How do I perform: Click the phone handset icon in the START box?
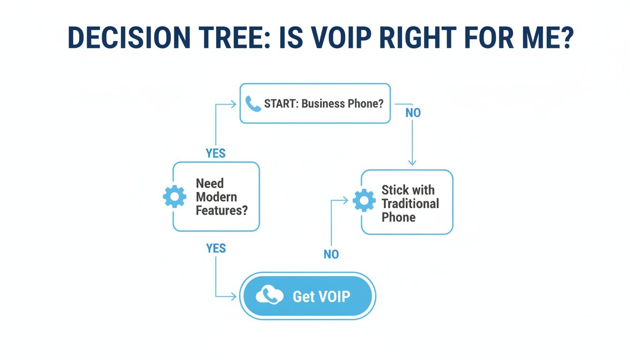253,104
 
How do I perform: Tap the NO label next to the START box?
413,113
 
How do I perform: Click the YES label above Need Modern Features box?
216,153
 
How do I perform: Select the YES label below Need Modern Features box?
216,248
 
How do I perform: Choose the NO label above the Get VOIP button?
331,254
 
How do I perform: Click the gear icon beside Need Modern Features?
174,196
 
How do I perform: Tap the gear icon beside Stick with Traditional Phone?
364,201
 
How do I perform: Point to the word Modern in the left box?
216,197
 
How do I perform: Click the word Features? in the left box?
221,210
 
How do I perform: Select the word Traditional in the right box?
410,203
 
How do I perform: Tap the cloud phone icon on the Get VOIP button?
270,296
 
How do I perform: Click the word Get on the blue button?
303,296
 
